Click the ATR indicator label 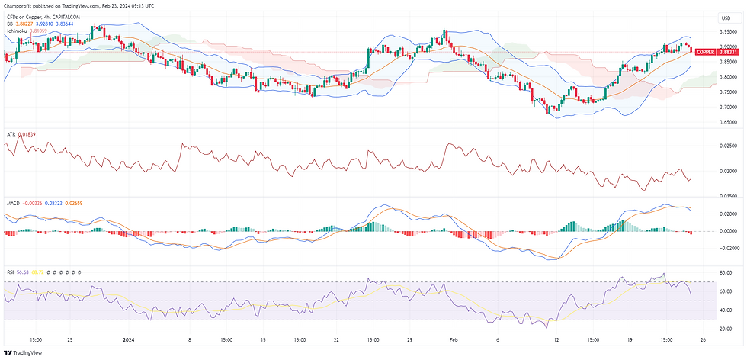coord(11,134)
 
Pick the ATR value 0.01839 coord(27,134)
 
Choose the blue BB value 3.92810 coord(63,24)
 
